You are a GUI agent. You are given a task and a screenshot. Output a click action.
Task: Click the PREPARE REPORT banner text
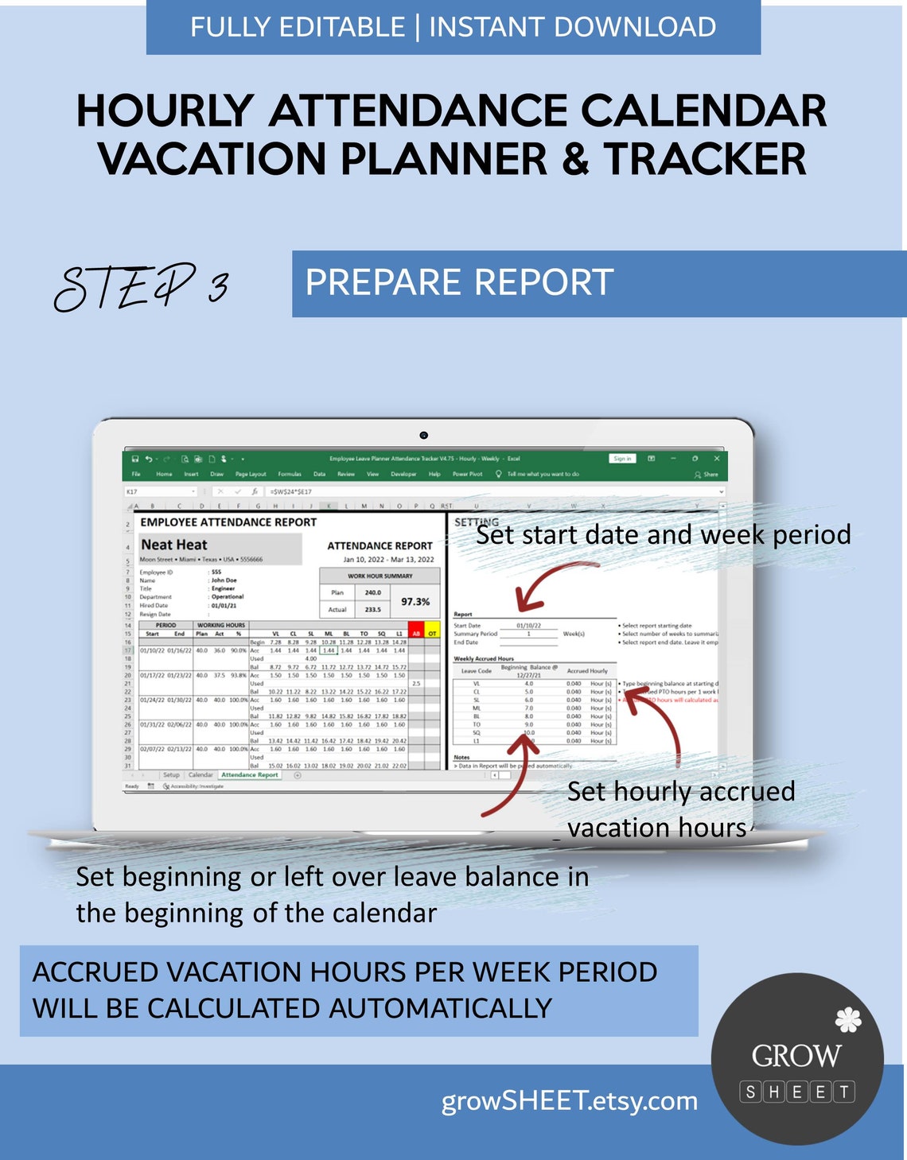[x=459, y=283]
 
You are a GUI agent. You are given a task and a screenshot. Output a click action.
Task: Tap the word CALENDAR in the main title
[x=704, y=111]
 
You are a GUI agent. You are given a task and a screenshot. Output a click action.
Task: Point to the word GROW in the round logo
[x=796, y=1056]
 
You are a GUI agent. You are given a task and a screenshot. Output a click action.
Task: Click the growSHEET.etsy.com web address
[x=569, y=1101]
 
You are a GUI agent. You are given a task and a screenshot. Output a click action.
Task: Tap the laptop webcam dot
[x=423, y=435]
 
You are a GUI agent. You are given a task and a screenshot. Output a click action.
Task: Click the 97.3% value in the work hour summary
[x=415, y=602]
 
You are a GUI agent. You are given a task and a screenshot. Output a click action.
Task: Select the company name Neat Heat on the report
[x=174, y=545]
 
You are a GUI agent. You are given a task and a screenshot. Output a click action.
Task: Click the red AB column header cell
[x=415, y=634]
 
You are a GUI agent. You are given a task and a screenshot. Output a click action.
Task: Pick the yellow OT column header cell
[x=432, y=634]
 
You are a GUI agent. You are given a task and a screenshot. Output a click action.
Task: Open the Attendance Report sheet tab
[x=250, y=774]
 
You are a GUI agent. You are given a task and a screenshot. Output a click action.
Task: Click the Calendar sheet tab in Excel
[x=200, y=774]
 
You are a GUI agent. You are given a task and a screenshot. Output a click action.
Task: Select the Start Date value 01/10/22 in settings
[x=528, y=626]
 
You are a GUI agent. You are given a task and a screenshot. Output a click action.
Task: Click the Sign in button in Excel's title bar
[x=622, y=459]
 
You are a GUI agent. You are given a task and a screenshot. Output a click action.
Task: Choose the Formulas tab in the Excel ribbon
[x=290, y=474]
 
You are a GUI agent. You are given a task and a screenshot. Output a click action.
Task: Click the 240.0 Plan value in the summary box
[x=372, y=592]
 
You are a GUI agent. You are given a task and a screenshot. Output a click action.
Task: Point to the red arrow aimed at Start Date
[x=549, y=580]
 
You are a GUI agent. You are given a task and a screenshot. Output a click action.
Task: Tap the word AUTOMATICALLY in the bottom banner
[x=440, y=1008]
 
